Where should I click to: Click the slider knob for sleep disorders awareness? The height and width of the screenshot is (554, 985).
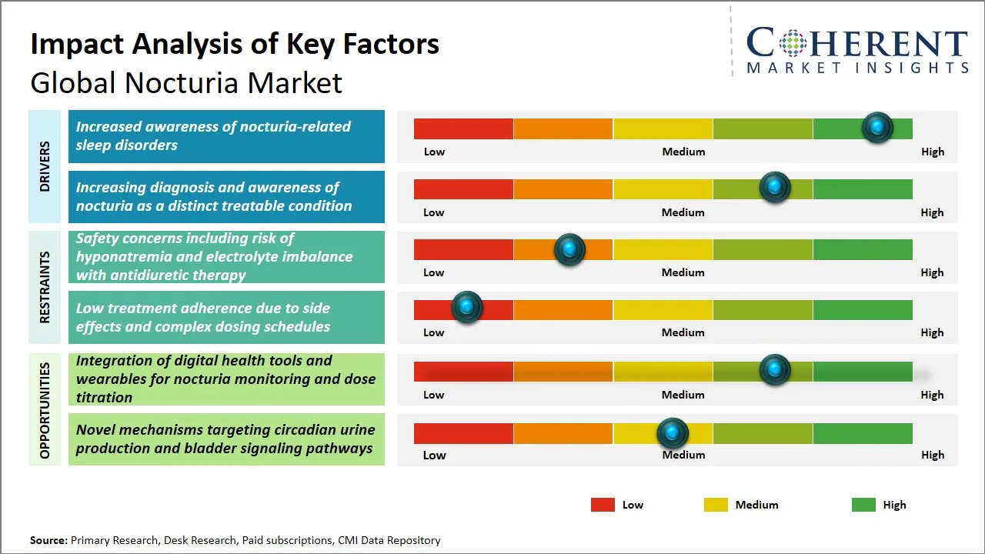coord(876,127)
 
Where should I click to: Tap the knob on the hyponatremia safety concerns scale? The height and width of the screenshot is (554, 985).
coord(569,249)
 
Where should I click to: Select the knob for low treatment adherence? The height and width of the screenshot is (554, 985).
coord(466,307)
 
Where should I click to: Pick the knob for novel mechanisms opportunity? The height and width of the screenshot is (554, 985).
coord(673,433)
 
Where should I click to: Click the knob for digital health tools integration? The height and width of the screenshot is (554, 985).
coord(774,370)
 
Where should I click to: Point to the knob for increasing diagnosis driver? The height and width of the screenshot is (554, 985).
coord(774,187)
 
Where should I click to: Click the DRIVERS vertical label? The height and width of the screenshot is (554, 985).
coord(45,166)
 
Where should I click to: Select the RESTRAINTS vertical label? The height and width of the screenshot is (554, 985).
coord(45,287)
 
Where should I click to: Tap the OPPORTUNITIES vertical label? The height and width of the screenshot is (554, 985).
coord(45,410)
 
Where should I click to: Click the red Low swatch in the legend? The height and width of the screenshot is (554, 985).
coord(603,505)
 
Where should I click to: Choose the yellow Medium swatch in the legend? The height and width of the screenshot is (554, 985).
coord(716,505)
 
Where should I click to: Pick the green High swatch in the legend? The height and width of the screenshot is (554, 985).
coord(863,505)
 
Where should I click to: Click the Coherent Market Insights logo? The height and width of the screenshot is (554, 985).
coord(856,50)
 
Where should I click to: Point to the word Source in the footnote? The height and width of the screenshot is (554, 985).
coord(48,540)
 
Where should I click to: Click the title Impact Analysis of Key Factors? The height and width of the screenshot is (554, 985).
coord(235,44)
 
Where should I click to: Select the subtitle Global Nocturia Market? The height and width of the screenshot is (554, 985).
coord(186,83)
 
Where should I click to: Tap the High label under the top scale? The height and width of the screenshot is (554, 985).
coord(932,152)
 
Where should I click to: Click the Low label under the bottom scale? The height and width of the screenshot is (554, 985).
coord(434,455)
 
